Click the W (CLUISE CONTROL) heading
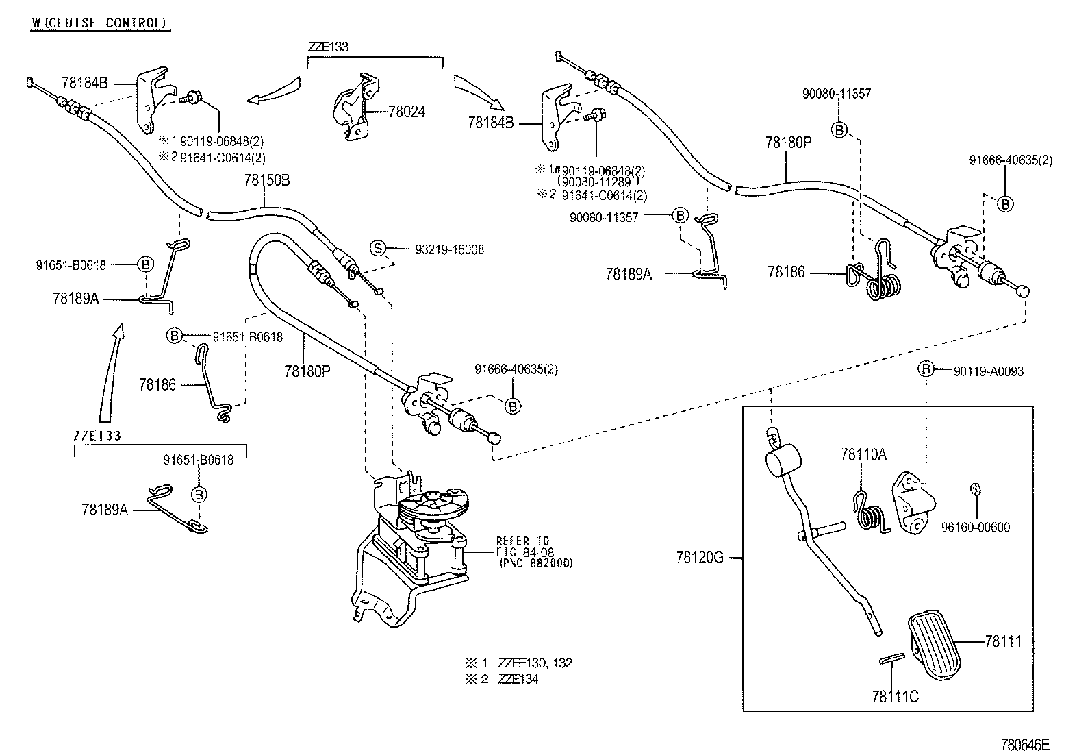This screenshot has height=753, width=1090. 99,23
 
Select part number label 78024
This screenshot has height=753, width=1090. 406,111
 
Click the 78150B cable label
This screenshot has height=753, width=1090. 266,180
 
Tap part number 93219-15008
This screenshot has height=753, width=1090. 449,250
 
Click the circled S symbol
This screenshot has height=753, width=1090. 379,248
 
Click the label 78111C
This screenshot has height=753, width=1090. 895,697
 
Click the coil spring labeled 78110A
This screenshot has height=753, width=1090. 870,513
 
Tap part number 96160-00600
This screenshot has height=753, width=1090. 975,528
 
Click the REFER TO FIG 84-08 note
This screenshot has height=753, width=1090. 533,552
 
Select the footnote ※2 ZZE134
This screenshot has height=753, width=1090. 501,679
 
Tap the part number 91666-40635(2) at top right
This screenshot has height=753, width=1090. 1010,160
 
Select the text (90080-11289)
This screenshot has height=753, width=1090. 598,182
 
